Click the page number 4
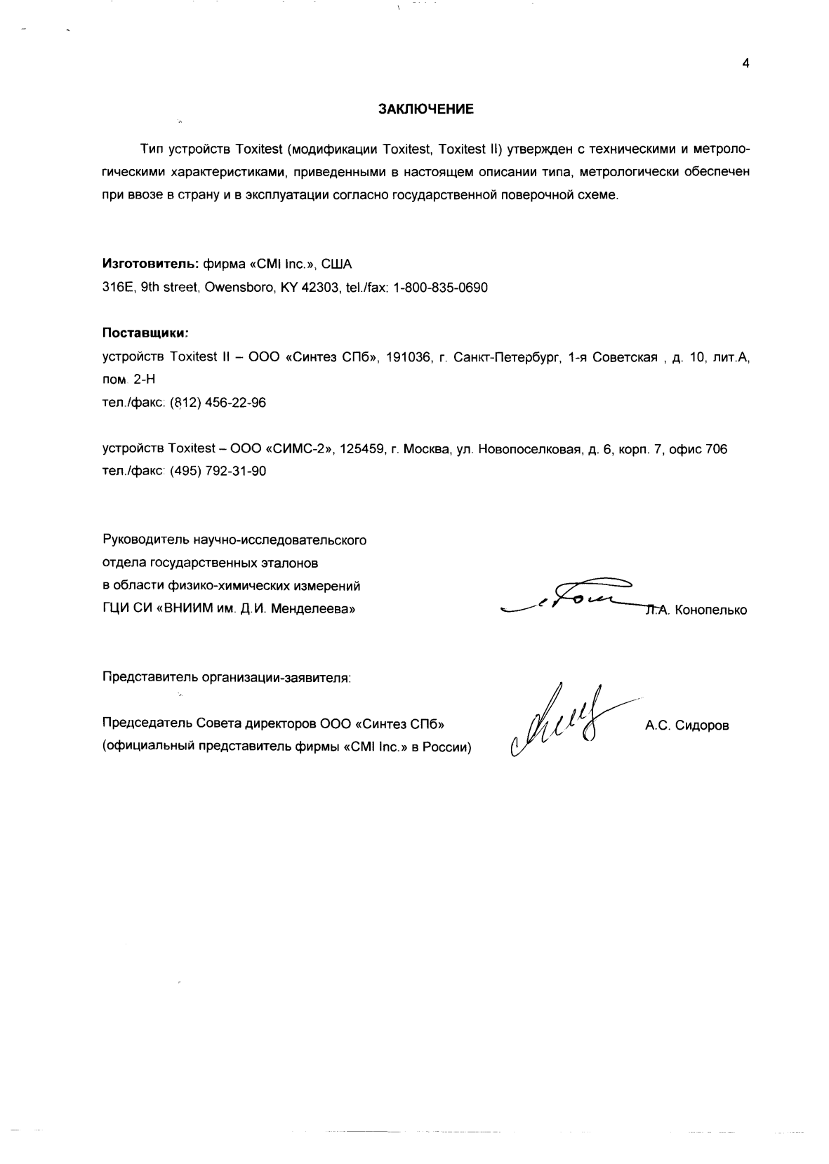tap(745, 64)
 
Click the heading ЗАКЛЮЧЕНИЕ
tap(426, 109)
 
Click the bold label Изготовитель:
tap(151, 264)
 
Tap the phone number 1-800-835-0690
tap(440, 288)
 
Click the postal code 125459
tap(361, 449)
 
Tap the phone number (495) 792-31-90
tap(218, 471)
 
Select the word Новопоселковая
tap(530, 449)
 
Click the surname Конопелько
tap(710, 610)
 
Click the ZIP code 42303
tap(320, 288)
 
